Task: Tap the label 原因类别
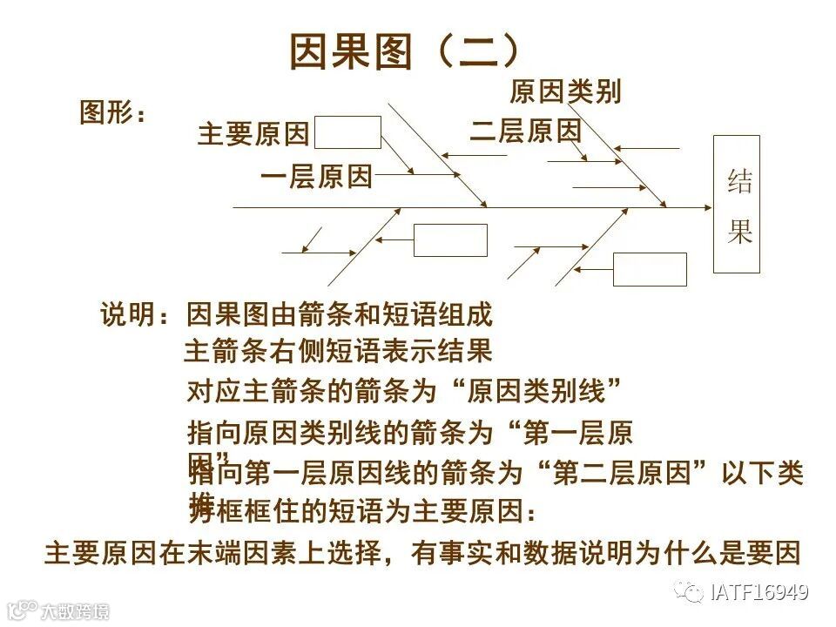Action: [565, 91]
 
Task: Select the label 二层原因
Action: [525, 131]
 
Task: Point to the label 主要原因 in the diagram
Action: [253, 135]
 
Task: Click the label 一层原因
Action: [316, 178]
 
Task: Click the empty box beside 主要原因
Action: [347, 132]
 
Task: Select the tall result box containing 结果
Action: [736, 204]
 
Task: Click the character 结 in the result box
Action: [740, 182]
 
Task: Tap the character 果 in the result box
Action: [740, 231]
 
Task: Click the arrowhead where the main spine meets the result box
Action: [706, 208]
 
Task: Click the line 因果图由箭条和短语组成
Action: [340, 314]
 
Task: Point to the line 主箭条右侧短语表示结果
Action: [338, 351]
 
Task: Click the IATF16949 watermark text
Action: [758, 593]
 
